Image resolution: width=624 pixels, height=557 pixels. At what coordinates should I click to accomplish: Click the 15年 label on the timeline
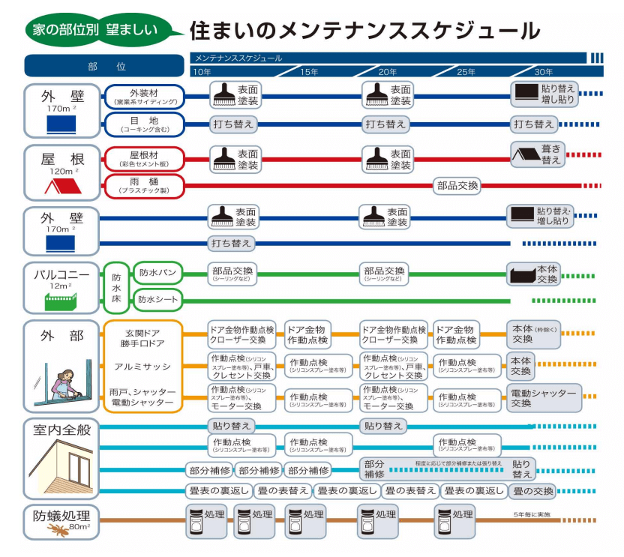pos(309,72)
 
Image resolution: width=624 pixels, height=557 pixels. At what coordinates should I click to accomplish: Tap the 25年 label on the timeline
pos(466,72)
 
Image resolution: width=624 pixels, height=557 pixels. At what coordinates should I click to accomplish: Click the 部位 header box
pos(104,66)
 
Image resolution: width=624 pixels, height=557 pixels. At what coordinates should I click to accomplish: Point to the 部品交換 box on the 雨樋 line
pos(457,186)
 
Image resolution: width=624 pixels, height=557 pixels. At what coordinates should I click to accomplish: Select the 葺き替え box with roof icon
pos(536,154)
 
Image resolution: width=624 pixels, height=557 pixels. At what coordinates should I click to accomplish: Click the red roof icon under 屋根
pos(61,184)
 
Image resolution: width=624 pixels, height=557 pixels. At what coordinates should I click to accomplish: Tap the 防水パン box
pos(157,273)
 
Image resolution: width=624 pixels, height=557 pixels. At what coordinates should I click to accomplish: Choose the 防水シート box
pos(157,299)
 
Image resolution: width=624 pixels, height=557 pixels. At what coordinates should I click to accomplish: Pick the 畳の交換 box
pos(533,492)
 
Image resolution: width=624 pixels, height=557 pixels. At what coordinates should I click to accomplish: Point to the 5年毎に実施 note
pos(532,515)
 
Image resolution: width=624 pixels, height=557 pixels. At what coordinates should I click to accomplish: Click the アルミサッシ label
pos(143,367)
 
